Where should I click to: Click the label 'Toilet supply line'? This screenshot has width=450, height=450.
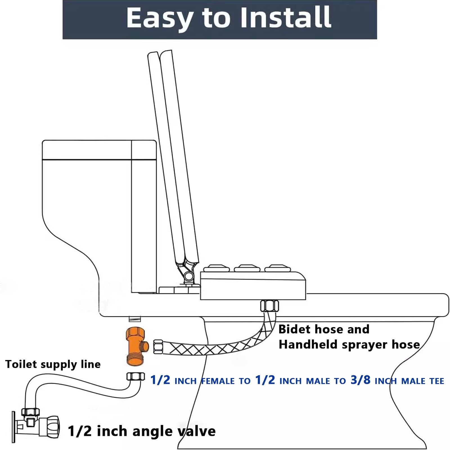(53, 364)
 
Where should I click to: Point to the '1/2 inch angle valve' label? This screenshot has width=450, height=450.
(142, 431)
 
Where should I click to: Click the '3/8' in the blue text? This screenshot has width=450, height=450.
(360, 380)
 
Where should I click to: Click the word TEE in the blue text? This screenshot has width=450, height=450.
(437, 381)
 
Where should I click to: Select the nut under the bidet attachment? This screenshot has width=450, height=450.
(269, 306)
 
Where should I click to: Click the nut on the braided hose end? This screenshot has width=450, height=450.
(158, 347)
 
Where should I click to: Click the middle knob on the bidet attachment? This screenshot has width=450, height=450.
(247, 268)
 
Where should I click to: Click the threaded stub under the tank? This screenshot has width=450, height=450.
(134, 319)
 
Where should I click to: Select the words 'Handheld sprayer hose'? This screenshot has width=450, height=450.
(349, 345)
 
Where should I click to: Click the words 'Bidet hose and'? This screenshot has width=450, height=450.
(324, 329)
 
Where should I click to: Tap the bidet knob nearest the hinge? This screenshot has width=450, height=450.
(216, 268)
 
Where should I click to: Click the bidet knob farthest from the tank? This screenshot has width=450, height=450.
(278, 268)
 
